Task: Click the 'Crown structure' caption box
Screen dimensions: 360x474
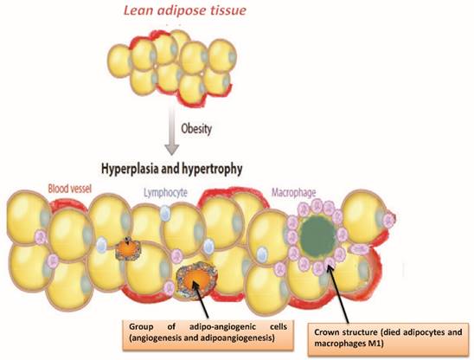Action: [x=393, y=338]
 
